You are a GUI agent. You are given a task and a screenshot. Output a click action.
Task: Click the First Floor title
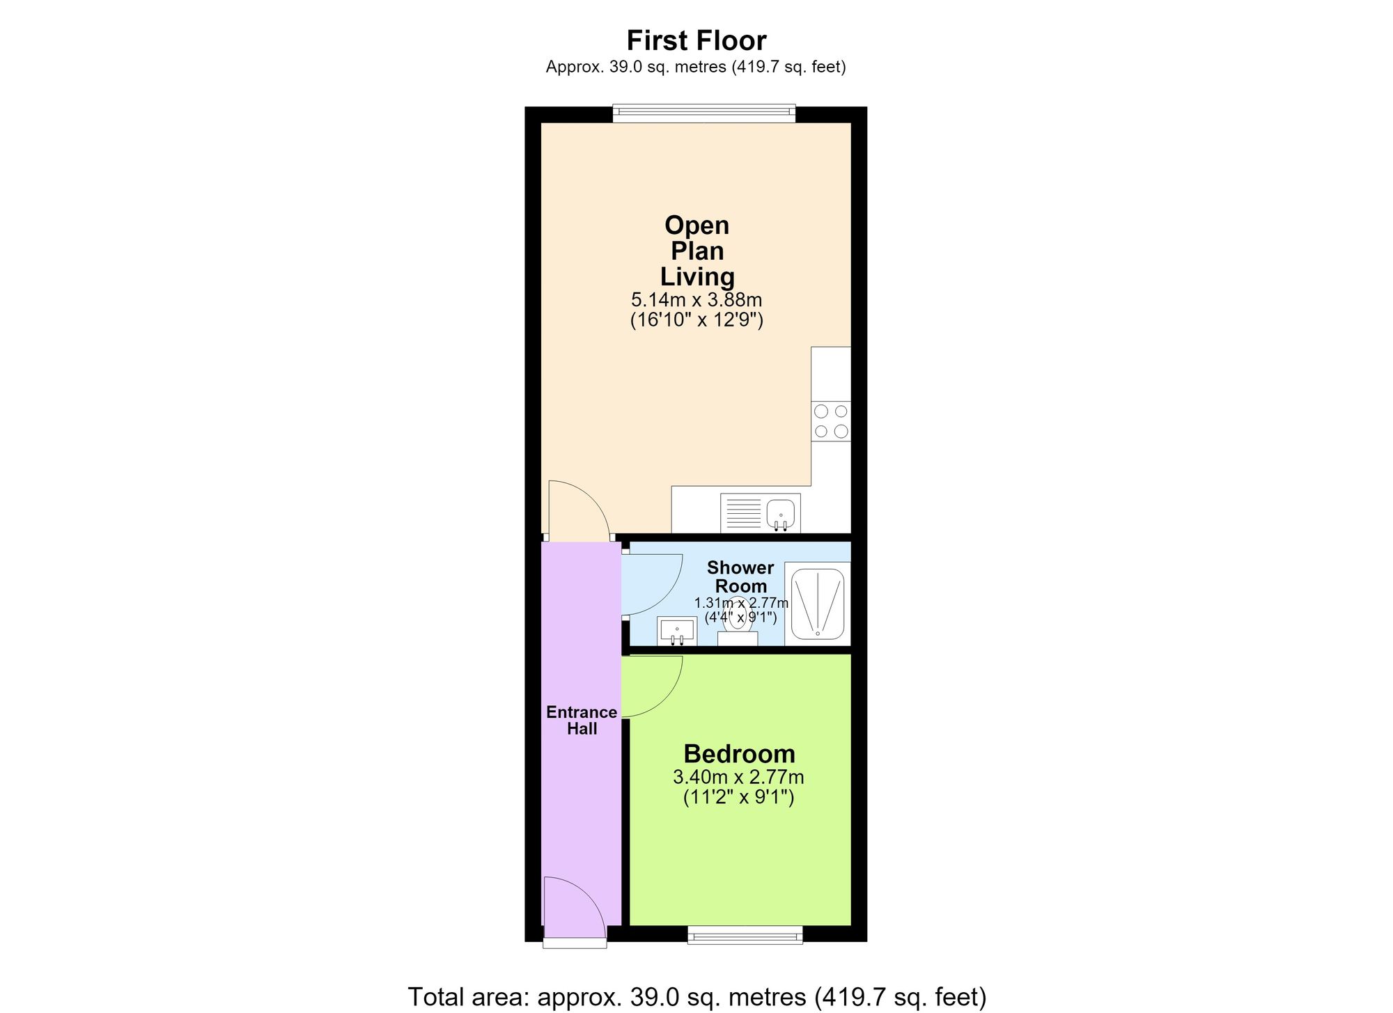696,40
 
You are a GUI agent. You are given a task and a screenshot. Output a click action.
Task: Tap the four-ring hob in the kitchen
831,421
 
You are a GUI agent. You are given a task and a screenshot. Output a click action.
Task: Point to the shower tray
818,603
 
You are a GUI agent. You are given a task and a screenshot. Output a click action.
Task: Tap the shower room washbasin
677,631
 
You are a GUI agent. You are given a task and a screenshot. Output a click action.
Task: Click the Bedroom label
739,754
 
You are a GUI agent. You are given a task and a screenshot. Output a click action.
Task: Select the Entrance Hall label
582,721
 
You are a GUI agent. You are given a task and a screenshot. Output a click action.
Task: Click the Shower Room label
740,577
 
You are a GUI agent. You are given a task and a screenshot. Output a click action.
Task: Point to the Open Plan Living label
697,251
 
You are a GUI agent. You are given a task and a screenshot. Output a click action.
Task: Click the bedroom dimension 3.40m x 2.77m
738,776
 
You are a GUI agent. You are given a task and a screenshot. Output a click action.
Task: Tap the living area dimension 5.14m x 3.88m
696,300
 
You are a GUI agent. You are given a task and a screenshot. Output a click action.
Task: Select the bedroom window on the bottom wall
745,935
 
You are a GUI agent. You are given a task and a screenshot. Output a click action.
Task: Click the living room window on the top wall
703,113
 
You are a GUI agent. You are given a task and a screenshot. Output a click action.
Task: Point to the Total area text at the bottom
696,996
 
